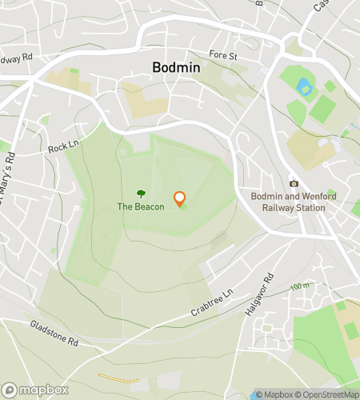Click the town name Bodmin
click(x=176, y=68)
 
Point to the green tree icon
click(x=142, y=193)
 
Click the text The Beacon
click(x=141, y=206)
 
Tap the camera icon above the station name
click(x=294, y=184)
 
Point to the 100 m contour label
click(x=300, y=286)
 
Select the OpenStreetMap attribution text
click(x=328, y=394)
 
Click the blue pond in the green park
click(x=303, y=87)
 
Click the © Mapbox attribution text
click(x=274, y=394)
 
